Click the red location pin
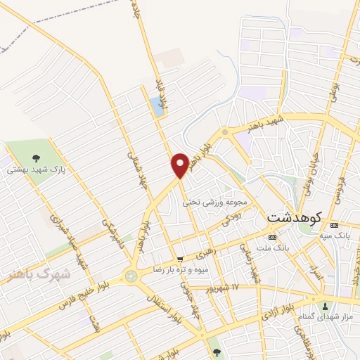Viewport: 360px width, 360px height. pos(180,165)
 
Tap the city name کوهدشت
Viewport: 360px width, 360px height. pos(294,218)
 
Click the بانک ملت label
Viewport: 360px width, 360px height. pos(273,247)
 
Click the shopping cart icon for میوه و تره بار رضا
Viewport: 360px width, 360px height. pos(180,259)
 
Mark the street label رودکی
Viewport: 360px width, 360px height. pos(231,219)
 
